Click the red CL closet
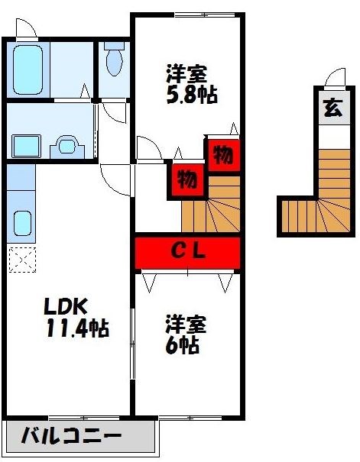187,252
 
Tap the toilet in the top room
115,61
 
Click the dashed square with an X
20,259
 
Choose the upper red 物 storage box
222,155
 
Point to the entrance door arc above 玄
333,79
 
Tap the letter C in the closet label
176,252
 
